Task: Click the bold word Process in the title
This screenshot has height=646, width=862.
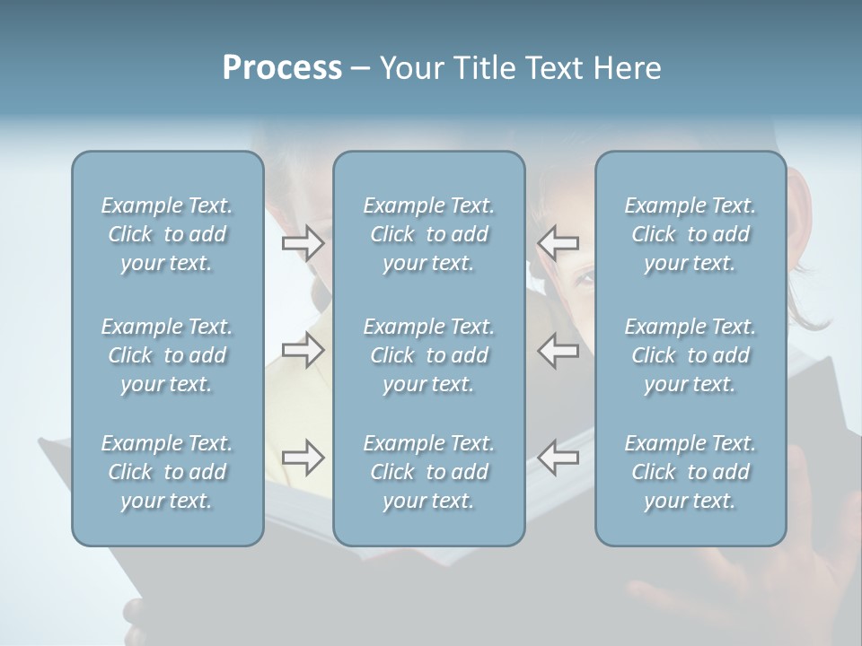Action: (x=282, y=68)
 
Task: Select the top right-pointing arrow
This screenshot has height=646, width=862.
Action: (x=303, y=242)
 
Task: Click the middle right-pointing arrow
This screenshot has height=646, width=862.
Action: (x=303, y=349)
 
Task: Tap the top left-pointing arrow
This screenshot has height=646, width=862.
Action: (x=559, y=242)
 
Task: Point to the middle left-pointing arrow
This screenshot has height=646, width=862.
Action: (x=559, y=349)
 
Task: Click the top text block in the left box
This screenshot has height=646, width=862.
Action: (x=167, y=234)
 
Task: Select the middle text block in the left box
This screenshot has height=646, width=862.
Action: (x=167, y=355)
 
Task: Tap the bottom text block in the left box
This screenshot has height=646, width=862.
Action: (x=167, y=472)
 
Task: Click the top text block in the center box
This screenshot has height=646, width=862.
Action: (x=428, y=234)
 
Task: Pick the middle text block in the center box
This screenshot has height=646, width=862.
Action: (x=428, y=355)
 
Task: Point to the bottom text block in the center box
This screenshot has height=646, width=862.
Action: (x=428, y=472)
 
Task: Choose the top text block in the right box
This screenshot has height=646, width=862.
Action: (x=690, y=234)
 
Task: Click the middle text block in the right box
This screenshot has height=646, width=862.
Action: (x=690, y=355)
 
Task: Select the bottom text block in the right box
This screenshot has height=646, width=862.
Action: (x=690, y=472)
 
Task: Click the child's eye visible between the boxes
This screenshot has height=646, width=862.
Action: (x=584, y=280)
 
